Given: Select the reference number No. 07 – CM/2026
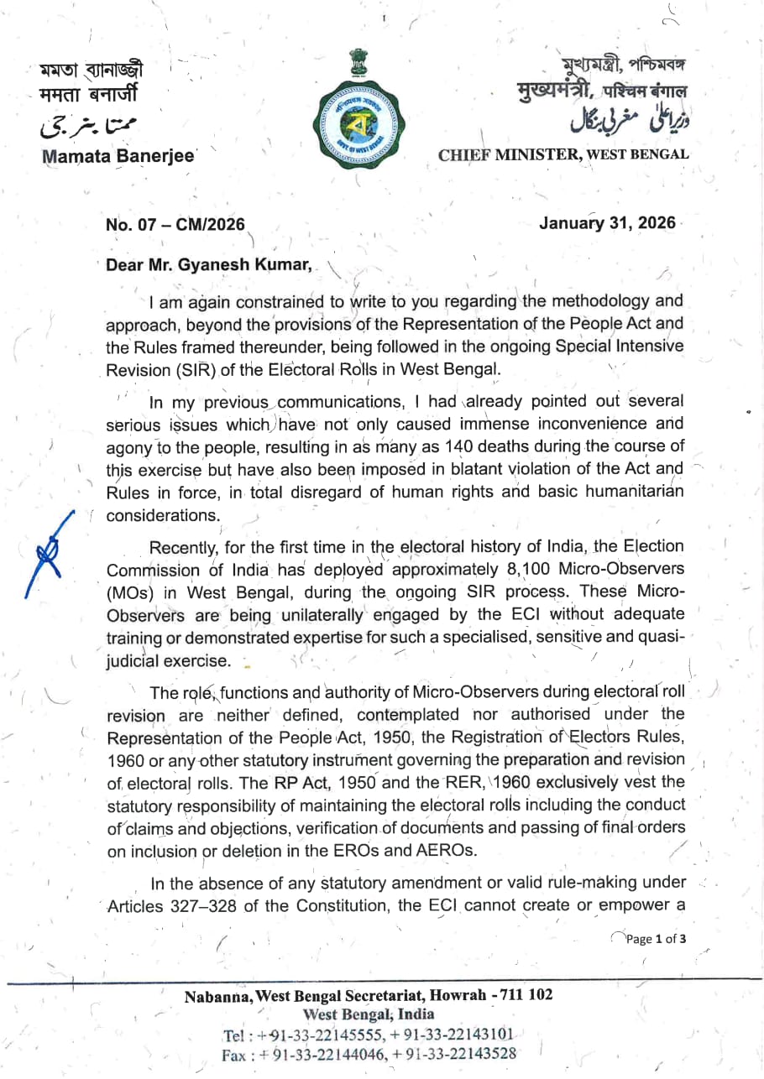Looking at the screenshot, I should (175, 225).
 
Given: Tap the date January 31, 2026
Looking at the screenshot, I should (607, 223).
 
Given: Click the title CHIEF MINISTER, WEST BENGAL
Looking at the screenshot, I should (563, 154).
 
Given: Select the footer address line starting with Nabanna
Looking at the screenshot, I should (369, 996).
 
